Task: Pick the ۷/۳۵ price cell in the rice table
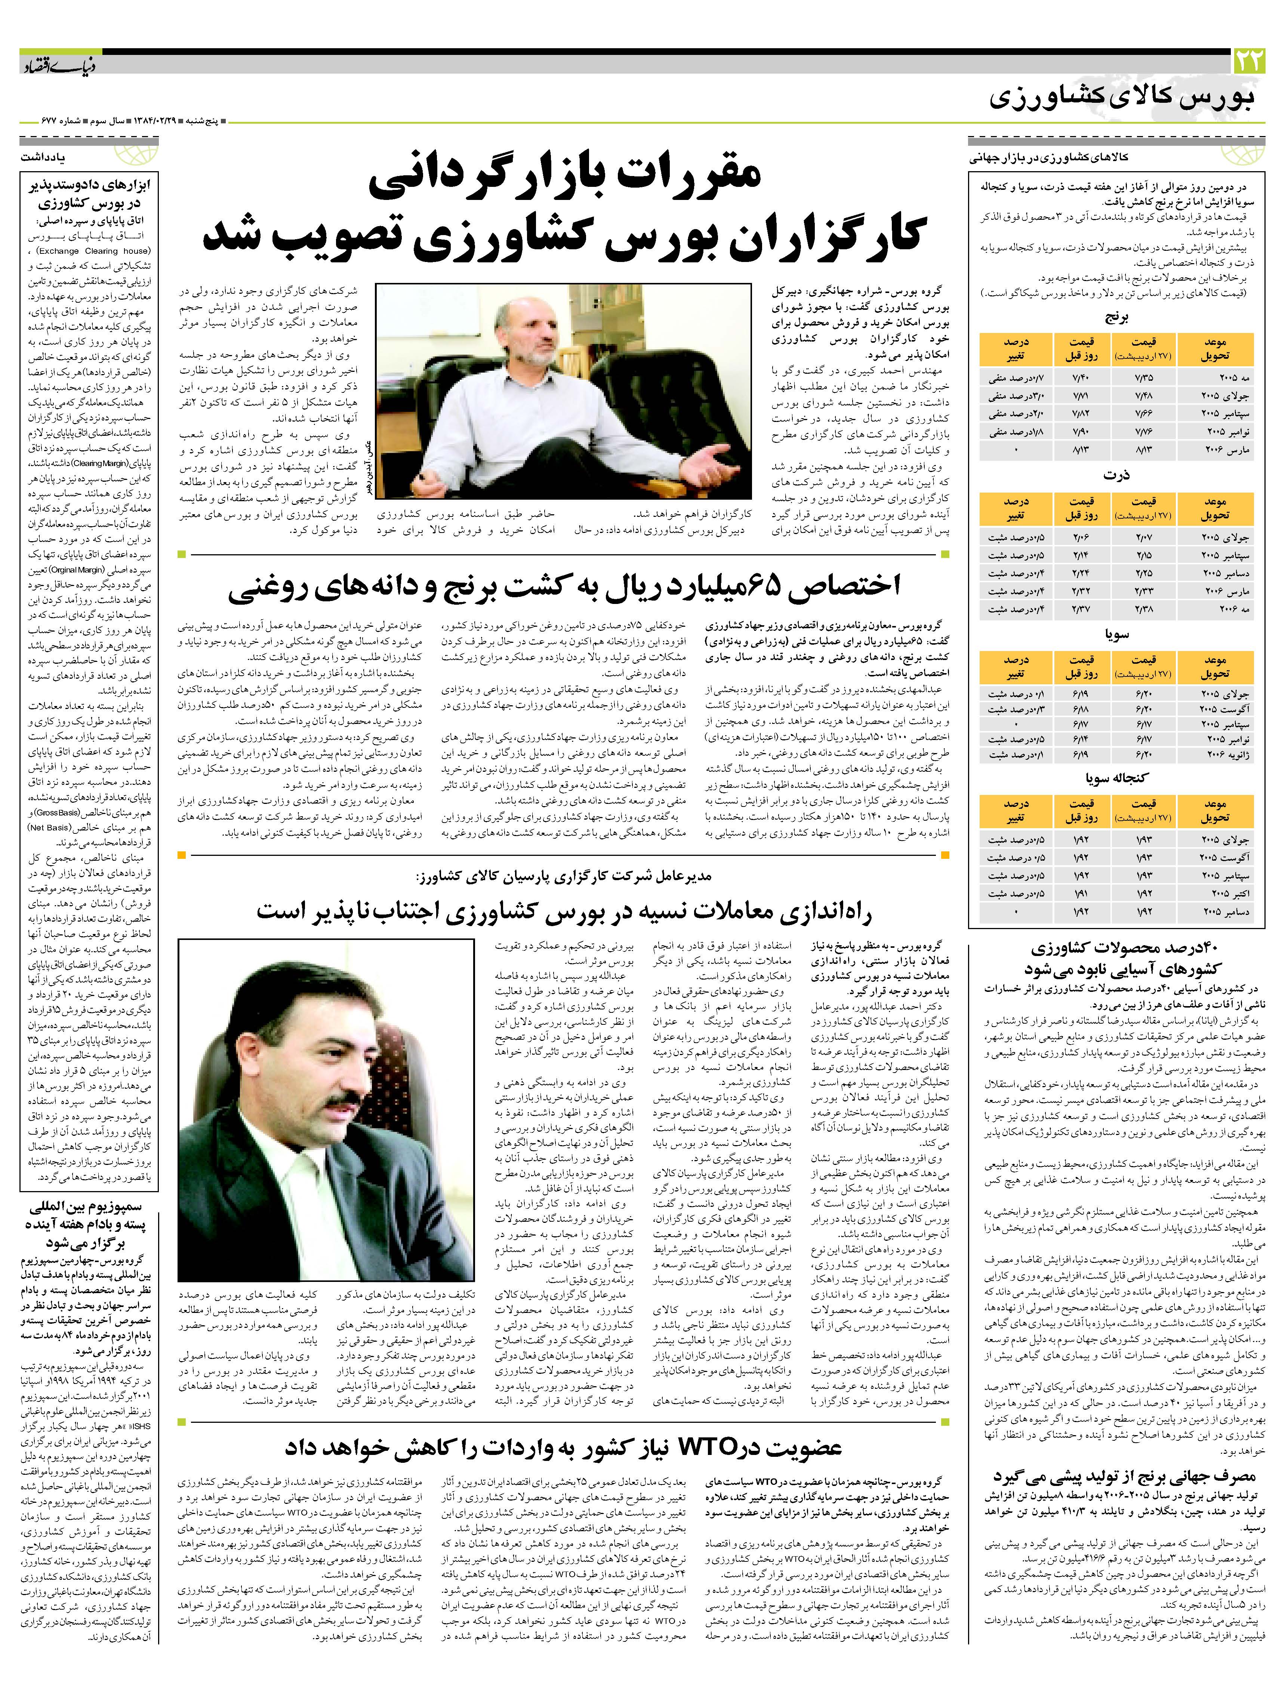click(x=1143, y=376)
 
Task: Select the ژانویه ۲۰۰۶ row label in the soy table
click(x=1215, y=755)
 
